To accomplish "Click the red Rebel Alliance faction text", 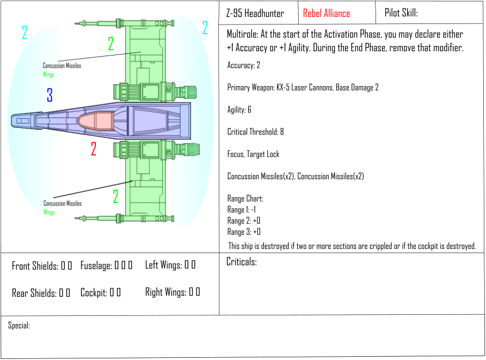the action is (x=327, y=13).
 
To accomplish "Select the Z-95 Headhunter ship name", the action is (x=255, y=13).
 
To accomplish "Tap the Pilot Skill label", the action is (x=401, y=13).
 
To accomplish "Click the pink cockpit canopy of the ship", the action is (x=96, y=121).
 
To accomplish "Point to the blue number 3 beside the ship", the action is (x=50, y=95).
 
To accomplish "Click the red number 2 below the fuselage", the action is (x=94, y=149).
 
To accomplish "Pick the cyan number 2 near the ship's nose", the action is (x=24, y=32).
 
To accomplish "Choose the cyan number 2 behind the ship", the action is (x=205, y=28).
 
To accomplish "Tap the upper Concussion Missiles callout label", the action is (x=61, y=65).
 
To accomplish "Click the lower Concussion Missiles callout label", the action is (x=62, y=203).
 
